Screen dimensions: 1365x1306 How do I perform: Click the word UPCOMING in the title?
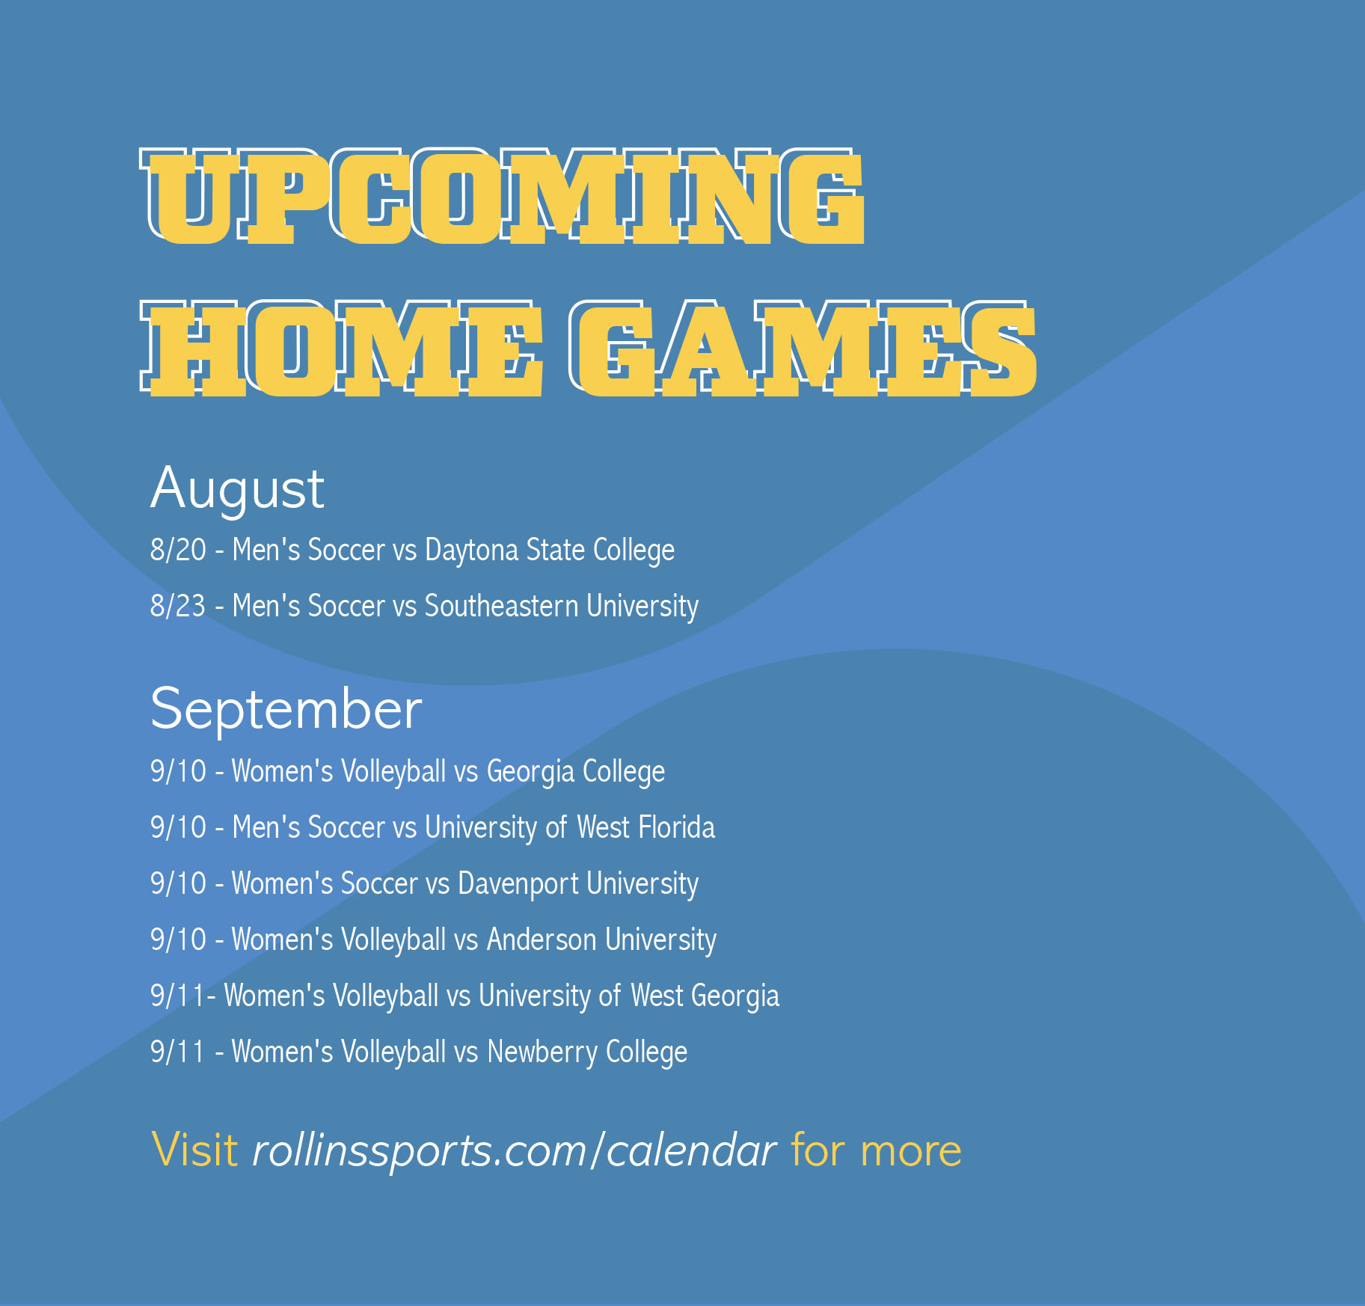tap(503, 196)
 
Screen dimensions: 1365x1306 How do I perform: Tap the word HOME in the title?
tap(341, 349)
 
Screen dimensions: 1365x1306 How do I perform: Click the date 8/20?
tap(178, 550)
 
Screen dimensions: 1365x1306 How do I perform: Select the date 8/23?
tap(178, 606)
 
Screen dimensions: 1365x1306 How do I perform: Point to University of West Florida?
tap(570, 828)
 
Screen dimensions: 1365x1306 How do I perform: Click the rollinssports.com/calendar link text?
tap(515, 1151)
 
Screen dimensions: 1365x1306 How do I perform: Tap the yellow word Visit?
tap(194, 1150)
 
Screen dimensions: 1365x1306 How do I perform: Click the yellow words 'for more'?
tap(876, 1150)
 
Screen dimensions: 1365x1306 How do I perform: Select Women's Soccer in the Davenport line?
tap(325, 883)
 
